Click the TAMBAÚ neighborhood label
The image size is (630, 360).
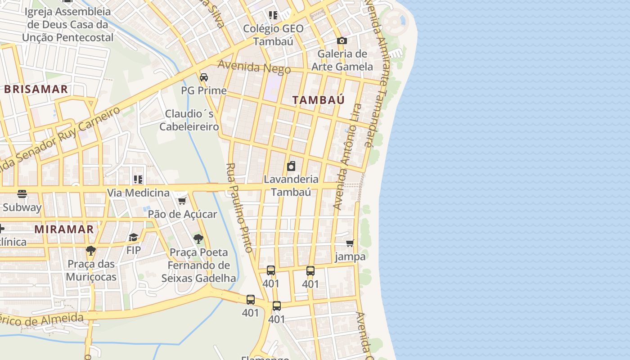click(318, 100)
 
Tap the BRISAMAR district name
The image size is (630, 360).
click(36, 89)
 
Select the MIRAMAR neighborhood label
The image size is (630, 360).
click(64, 229)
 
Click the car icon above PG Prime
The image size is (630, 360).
click(204, 77)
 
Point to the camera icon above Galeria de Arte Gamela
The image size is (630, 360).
click(342, 41)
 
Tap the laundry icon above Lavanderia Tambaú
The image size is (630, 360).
click(291, 166)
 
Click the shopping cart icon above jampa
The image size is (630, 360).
click(350, 243)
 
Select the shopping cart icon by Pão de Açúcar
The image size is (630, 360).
click(182, 201)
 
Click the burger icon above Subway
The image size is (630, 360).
click(22, 194)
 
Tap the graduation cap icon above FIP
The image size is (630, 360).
click(133, 237)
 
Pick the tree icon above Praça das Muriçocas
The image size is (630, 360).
click(91, 250)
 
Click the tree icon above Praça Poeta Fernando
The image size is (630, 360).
click(198, 239)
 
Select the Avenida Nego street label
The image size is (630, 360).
click(254, 67)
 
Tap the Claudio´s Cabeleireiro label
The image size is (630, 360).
click(189, 120)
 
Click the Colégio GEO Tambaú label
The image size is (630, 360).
click(273, 35)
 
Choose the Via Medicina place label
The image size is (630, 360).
click(138, 193)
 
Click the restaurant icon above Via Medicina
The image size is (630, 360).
click(138, 180)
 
